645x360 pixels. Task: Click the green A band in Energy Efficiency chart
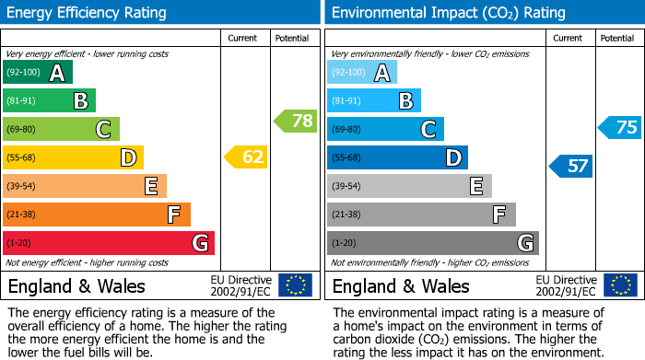[x=38, y=73]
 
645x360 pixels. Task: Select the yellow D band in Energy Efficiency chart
[x=73, y=157]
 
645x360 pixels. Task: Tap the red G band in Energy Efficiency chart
[x=108, y=243]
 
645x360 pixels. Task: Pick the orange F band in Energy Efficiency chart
[x=96, y=215]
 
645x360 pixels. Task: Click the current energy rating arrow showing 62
[x=246, y=157]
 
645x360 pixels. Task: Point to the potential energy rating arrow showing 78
[x=296, y=121]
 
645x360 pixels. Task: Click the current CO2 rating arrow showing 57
[x=571, y=166]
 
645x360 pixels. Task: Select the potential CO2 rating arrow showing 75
[x=620, y=128]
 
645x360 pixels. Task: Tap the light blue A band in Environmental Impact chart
[x=362, y=73]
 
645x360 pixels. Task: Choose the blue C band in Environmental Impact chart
[x=385, y=129]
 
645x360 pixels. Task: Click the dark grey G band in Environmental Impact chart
[x=432, y=243]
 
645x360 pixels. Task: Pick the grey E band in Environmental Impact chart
[x=409, y=186]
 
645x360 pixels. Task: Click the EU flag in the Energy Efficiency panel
[x=295, y=285]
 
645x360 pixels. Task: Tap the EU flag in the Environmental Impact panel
[x=620, y=285]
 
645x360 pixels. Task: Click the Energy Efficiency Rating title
[x=87, y=13]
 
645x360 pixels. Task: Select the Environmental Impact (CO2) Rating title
[x=448, y=13]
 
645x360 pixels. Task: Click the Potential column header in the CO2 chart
[x=617, y=38]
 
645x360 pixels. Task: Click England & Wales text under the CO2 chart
[x=400, y=285]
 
